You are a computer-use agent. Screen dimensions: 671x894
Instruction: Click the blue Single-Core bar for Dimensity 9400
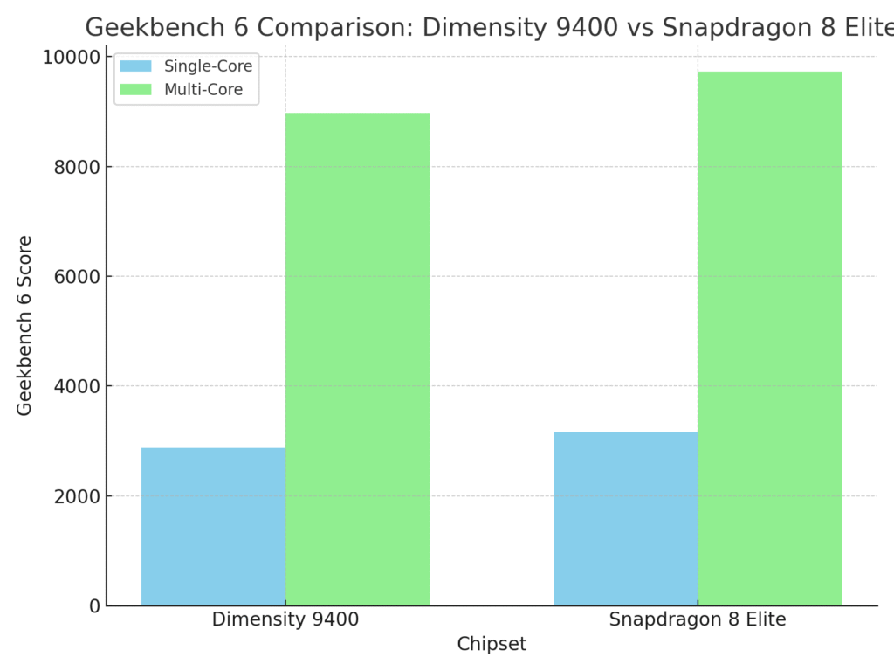[213, 527]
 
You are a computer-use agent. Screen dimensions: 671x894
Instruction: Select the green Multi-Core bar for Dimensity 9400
[357, 359]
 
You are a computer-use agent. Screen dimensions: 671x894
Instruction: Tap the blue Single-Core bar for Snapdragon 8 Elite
[625, 519]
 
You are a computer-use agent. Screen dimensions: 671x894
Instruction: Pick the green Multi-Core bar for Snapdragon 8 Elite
[769, 339]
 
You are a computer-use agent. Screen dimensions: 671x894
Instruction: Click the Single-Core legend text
[208, 66]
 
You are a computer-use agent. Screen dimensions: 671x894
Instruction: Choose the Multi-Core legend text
[203, 89]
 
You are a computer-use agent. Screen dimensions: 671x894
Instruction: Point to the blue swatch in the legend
[135, 66]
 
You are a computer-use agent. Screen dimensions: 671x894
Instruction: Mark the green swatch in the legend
[135, 89]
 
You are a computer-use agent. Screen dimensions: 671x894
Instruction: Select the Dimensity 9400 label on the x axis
[285, 620]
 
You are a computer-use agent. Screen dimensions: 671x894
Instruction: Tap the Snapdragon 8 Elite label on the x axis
[698, 620]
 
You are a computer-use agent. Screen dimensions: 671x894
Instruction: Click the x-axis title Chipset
[492, 645]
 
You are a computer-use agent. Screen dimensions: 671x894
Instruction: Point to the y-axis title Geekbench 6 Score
[25, 325]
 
